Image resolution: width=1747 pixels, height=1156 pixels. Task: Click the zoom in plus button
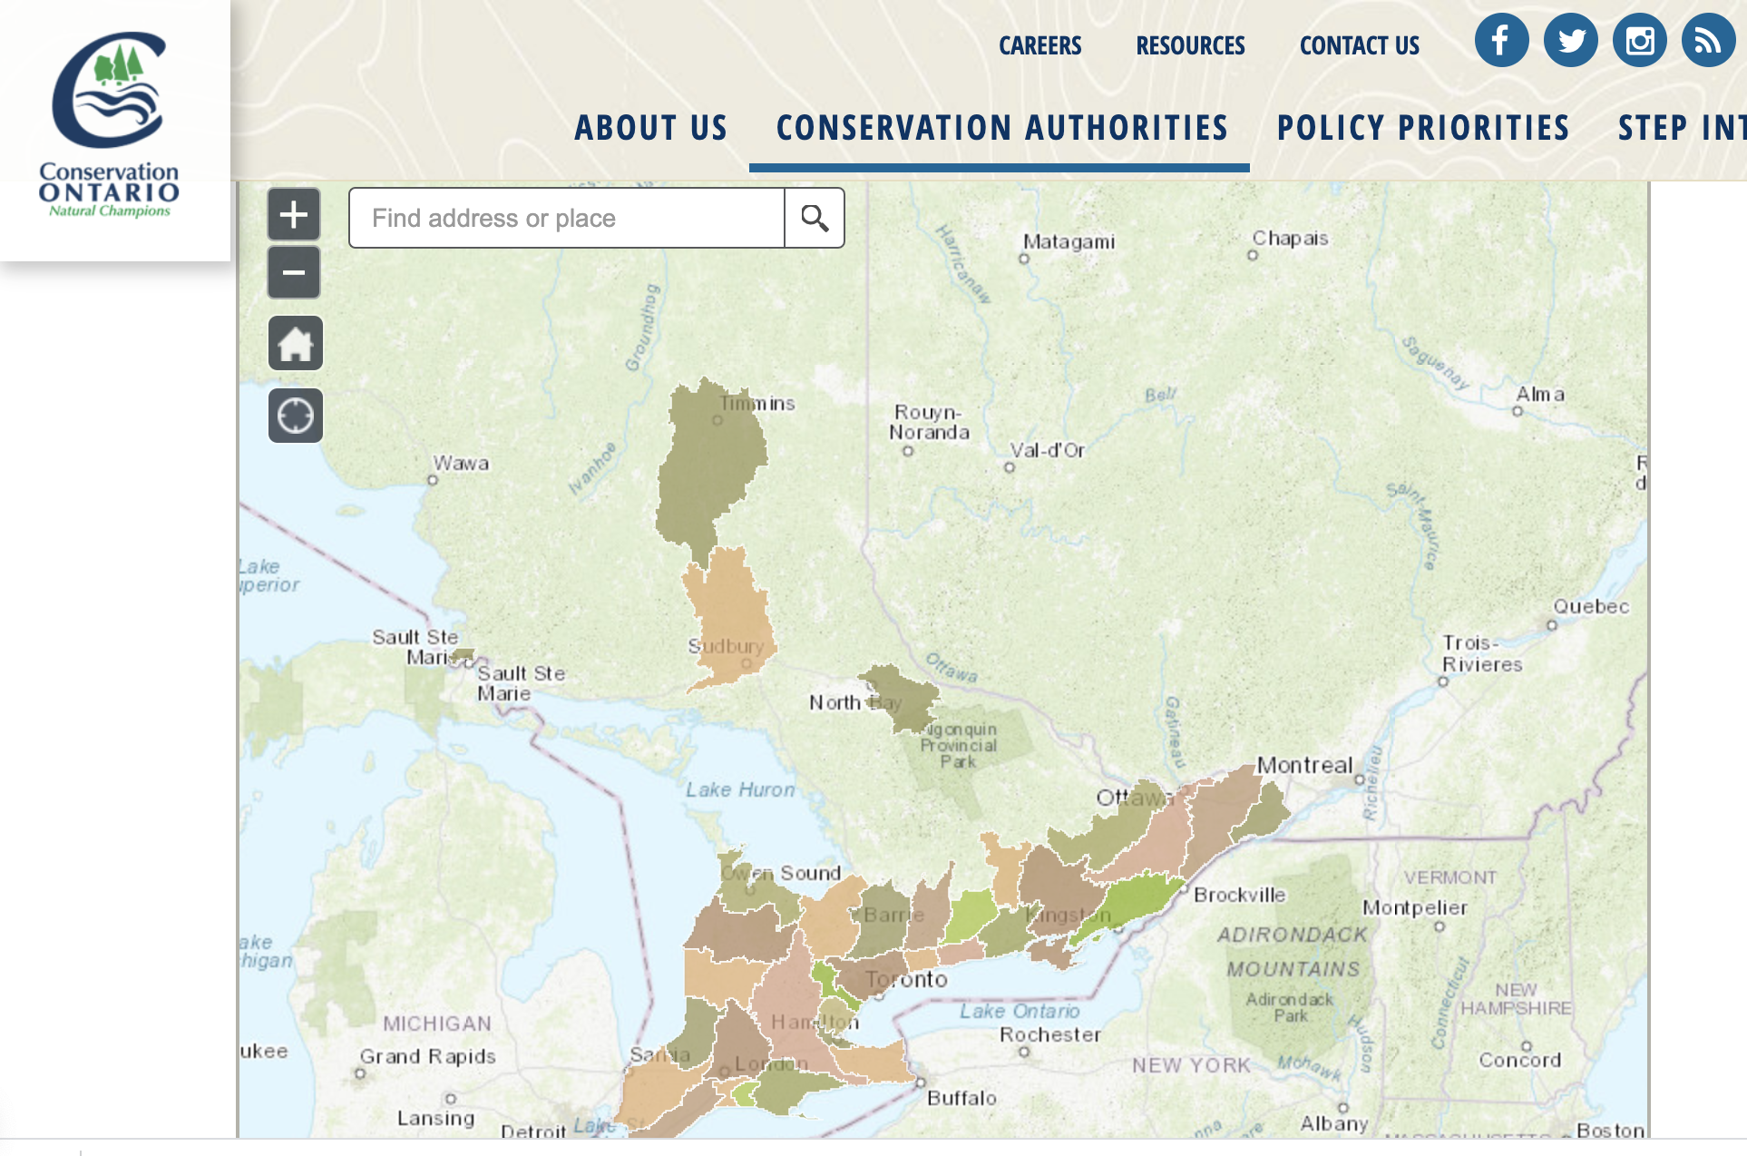click(x=294, y=215)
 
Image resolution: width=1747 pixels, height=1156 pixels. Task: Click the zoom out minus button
click(x=294, y=272)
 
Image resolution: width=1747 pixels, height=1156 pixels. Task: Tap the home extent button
click(x=296, y=344)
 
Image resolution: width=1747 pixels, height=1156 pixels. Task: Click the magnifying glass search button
click(x=815, y=218)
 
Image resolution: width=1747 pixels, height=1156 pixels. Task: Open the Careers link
click(x=1039, y=45)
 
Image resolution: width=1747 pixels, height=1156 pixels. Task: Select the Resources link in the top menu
click(x=1190, y=45)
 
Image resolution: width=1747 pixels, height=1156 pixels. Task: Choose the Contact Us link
click(x=1359, y=45)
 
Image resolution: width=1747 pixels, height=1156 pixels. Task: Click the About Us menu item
click(x=651, y=128)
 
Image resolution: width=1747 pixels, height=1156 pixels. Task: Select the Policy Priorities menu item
click(x=1423, y=128)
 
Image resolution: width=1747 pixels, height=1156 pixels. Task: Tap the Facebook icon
click(x=1501, y=40)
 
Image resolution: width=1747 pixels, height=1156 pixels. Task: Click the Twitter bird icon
click(x=1570, y=40)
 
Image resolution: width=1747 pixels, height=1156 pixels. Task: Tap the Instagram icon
click(x=1639, y=40)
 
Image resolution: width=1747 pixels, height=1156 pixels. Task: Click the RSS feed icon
click(x=1708, y=40)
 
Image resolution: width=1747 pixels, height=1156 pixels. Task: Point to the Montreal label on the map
click(x=1303, y=765)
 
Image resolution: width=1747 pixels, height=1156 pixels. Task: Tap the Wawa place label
click(x=461, y=463)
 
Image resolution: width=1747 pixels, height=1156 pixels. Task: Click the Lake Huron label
click(x=739, y=789)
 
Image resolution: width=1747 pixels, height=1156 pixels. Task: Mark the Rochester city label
click(x=1049, y=1034)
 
